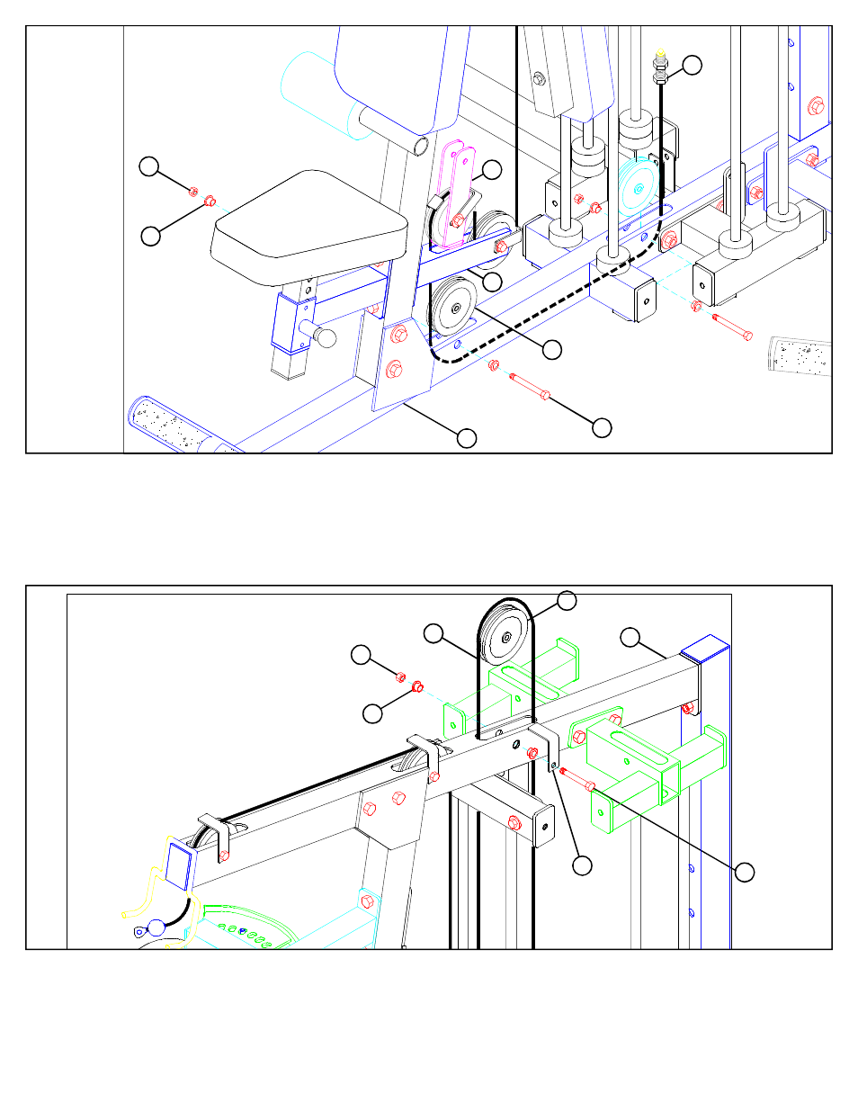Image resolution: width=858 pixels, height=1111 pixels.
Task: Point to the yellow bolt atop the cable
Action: [661, 56]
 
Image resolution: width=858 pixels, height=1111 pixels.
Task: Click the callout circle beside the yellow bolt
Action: [691, 65]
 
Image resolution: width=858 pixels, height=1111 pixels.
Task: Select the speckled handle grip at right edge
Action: [800, 355]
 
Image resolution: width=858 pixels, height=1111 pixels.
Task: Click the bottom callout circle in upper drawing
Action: [466, 438]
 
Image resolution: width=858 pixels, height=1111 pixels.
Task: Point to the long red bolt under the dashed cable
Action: [531, 387]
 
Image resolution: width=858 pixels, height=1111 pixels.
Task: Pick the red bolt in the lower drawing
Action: [576, 779]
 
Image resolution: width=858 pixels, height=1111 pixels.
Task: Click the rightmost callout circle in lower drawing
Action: [744, 872]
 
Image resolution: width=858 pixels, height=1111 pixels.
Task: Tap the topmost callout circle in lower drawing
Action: [567, 600]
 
